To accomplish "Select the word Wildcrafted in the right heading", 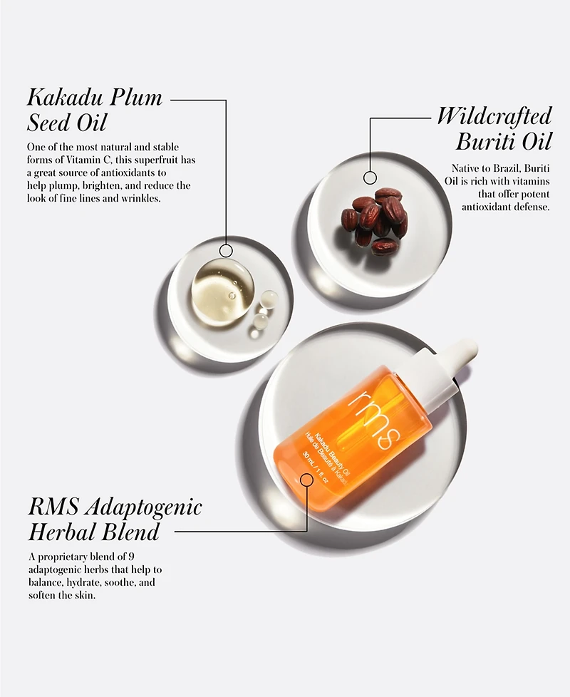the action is point(494,116).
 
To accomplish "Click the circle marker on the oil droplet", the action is point(226,251).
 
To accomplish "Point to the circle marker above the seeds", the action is point(370,177).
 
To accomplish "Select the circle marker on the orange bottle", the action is point(306,480).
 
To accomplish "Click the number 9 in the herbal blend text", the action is point(131,557).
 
